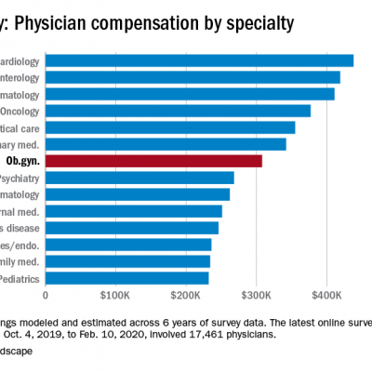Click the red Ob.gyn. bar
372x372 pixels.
[153, 161]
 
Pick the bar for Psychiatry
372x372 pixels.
[139, 178]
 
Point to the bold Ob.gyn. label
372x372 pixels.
[20, 161]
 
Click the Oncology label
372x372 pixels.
[20, 111]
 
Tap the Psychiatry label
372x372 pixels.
[19, 178]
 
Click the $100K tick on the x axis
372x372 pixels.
[115, 297]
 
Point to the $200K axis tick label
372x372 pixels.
[186, 297]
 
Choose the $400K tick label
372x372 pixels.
[326, 297]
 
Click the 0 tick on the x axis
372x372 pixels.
[46, 297]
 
